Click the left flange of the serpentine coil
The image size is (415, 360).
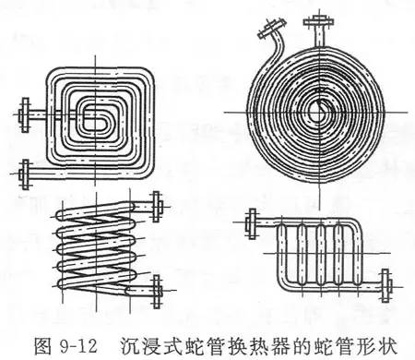(250, 221)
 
